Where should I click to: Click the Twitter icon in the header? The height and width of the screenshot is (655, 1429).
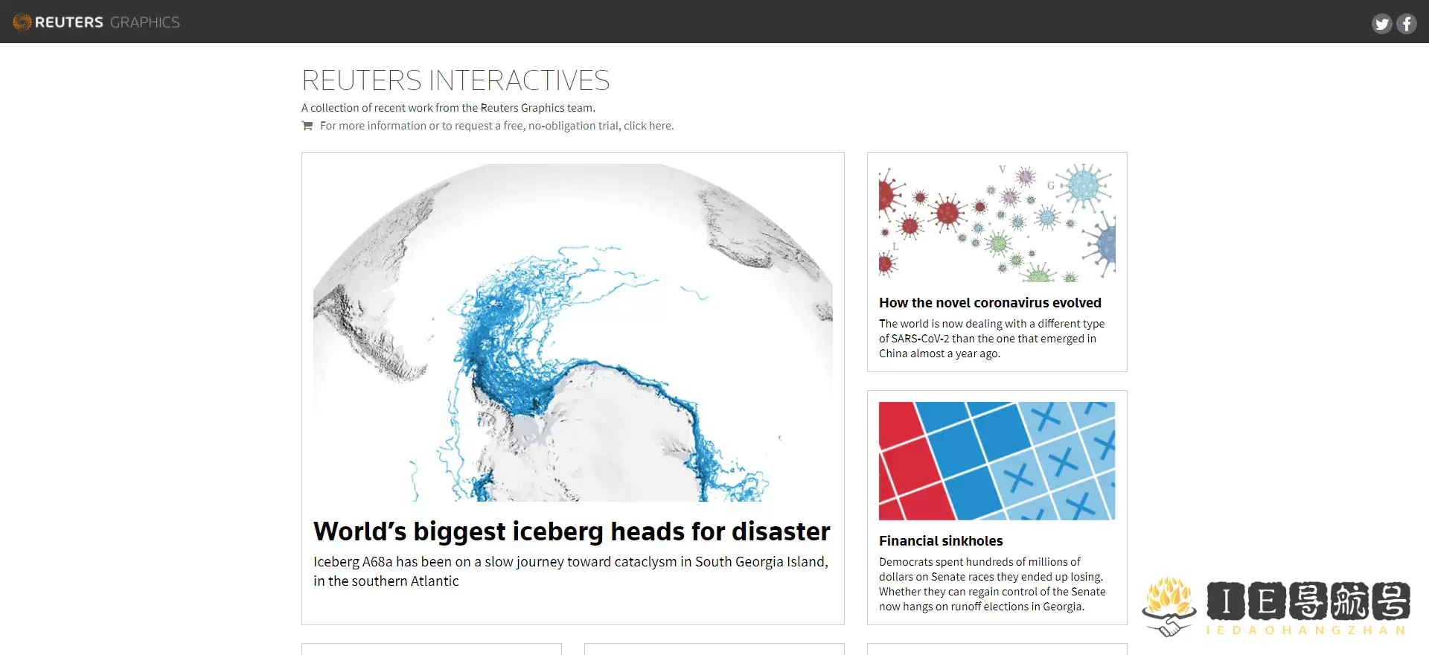(1382, 24)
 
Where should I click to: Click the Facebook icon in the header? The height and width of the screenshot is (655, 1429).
(1407, 24)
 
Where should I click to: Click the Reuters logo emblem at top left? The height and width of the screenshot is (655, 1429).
(22, 22)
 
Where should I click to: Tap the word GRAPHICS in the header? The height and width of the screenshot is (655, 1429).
(144, 22)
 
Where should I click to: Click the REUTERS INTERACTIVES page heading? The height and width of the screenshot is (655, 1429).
(455, 80)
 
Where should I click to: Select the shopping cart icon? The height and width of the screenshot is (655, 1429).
(307, 126)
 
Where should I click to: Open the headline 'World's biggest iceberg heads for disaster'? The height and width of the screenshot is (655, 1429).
(572, 531)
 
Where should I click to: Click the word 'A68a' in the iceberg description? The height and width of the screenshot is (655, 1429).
(377, 562)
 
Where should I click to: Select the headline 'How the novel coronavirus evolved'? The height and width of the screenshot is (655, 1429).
(990, 303)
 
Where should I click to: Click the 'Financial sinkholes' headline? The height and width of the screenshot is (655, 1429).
(941, 541)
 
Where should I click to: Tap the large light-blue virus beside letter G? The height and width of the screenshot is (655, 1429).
(1084, 187)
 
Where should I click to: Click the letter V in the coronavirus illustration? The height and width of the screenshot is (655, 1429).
(1003, 170)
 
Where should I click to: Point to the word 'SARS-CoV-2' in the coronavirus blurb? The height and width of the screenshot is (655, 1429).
(920, 339)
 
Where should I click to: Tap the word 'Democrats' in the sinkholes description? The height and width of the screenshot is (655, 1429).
(904, 562)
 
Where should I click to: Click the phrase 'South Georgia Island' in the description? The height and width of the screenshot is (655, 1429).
(761, 562)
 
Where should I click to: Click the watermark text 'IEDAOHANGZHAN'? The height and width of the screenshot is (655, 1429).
(1306, 630)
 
